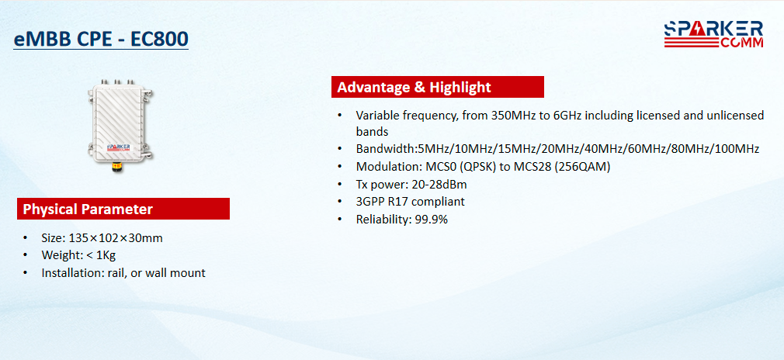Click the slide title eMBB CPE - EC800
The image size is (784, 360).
(x=101, y=39)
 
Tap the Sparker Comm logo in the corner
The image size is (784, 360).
(x=713, y=34)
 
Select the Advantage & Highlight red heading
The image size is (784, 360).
(x=438, y=87)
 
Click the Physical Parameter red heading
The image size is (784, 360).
(x=123, y=209)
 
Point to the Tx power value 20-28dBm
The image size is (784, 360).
(x=439, y=185)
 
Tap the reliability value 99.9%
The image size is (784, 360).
(x=432, y=219)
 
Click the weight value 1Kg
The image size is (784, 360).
(x=106, y=255)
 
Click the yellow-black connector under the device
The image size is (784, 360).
(x=117, y=167)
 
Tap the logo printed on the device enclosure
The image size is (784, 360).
(x=119, y=146)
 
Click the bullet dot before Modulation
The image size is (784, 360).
(x=340, y=167)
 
